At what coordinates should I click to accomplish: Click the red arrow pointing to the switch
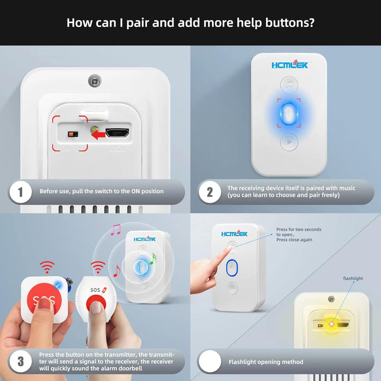click(x=98, y=134)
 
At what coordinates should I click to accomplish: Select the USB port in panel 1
click(x=117, y=133)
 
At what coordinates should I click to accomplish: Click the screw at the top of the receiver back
click(x=95, y=81)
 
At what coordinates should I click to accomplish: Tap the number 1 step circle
click(x=21, y=192)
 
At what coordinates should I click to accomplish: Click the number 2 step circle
click(x=210, y=192)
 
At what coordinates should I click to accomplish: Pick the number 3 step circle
click(x=21, y=361)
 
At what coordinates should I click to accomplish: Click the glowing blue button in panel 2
click(x=289, y=113)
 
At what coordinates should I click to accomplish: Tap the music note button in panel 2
click(x=289, y=85)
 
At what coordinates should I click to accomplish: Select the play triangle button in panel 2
click(x=289, y=142)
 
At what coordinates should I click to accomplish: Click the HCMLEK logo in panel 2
click(x=289, y=65)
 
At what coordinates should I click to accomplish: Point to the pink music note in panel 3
click(x=116, y=230)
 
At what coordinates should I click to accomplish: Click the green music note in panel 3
click(x=153, y=259)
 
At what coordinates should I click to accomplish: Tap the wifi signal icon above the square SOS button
click(x=47, y=267)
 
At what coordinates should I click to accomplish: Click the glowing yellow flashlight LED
click(x=331, y=324)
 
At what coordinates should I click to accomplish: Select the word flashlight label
click(x=353, y=278)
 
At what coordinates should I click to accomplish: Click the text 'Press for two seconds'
click(x=298, y=229)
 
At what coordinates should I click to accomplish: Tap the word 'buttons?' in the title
click(x=290, y=23)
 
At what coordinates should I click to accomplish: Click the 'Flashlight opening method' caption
click(x=266, y=362)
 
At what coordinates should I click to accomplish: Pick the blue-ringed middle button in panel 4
click(x=232, y=268)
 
